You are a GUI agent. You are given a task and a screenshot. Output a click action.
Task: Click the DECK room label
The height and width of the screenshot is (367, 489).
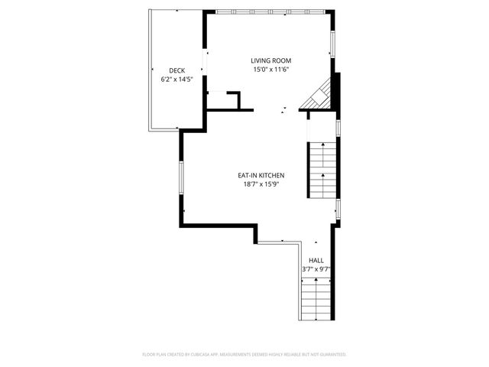click(176, 70)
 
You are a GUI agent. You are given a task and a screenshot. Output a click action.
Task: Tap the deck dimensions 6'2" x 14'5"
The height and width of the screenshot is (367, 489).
click(176, 79)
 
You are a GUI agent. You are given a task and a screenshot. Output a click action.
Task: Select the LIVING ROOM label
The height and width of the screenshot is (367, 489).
click(271, 60)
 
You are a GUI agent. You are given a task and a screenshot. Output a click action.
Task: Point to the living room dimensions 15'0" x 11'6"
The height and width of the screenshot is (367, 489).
click(271, 70)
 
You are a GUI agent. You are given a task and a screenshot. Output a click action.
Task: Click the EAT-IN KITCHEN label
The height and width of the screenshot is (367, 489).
click(261, 175)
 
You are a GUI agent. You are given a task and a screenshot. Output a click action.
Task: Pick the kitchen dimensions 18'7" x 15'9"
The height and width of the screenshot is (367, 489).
click(261, 184)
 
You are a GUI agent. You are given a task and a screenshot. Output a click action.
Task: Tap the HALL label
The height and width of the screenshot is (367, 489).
click(316, 260)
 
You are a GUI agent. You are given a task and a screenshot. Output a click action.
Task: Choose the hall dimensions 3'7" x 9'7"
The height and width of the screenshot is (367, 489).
click(316, 269)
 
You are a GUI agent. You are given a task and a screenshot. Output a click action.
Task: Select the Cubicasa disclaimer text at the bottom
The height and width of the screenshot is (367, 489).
click(244, 355)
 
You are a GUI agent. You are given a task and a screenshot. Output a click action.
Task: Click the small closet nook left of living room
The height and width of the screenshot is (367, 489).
click(222, 100)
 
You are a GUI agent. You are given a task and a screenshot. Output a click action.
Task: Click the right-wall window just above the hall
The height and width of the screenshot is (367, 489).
click(337, 208)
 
